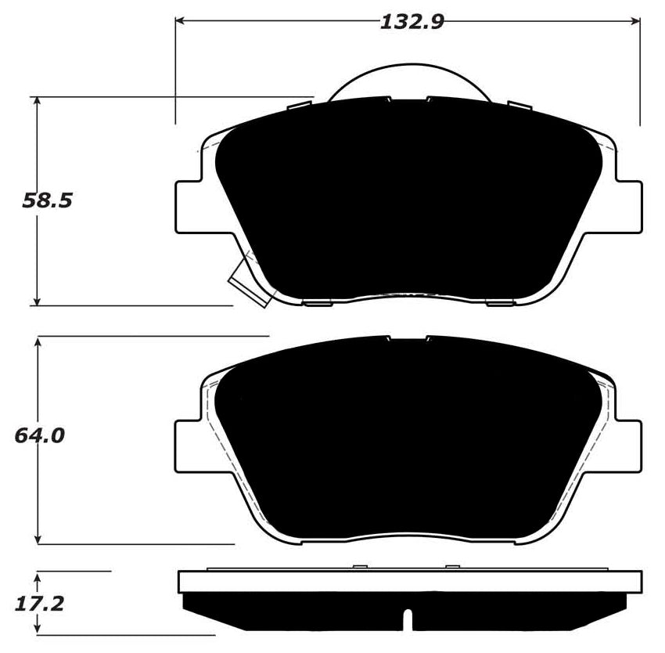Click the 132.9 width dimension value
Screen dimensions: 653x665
[412, 21]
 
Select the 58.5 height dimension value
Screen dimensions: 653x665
[47, 201]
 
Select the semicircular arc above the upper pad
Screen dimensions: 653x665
[408, 74]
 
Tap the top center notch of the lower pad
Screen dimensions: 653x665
[408, 339]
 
